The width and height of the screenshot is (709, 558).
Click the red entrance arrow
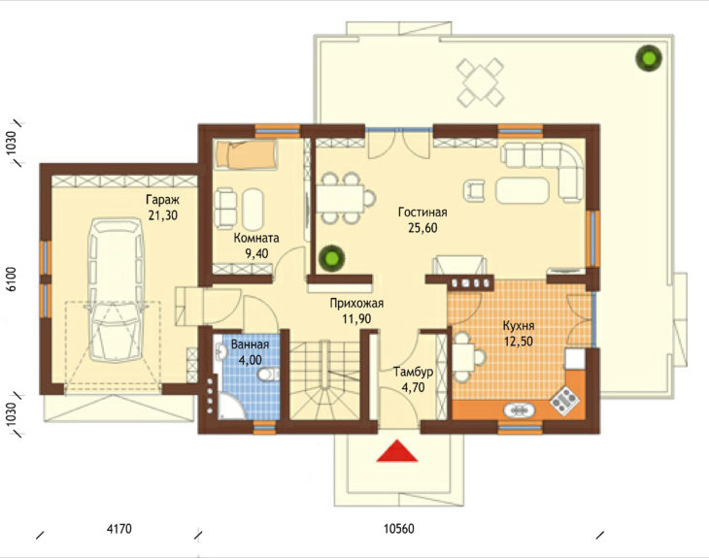(397, 451)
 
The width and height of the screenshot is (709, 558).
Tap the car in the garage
(116, 289)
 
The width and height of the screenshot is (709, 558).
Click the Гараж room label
(163, 199)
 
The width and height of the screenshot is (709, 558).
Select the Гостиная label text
(422, 212)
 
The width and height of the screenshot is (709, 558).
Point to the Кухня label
(519, 326)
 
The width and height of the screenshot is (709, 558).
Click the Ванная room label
(250, 345)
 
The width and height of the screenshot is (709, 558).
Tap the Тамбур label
(413, 373)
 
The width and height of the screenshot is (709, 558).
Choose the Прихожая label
(356, 303)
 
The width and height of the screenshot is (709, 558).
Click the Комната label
(256, 238)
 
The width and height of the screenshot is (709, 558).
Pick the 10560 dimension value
(399, 528)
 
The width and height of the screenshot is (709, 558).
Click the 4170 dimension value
(119, 528)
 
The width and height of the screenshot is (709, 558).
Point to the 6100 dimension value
(12, 279)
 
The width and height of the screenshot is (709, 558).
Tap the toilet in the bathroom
(269, 375)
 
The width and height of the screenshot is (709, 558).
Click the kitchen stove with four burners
(564, 400)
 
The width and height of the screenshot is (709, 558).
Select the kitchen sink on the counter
(520, 410)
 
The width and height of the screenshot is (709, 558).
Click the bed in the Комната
(246, 155)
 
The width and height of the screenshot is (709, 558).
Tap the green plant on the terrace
(649, 58)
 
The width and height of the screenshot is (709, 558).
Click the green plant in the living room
(331, 258)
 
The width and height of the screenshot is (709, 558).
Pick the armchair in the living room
(474, 190)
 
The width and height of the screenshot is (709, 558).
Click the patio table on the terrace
(480, 82)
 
